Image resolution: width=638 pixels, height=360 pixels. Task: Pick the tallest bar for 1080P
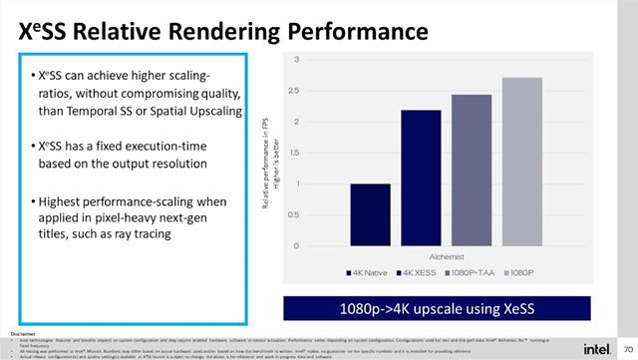click(x=522, y=162)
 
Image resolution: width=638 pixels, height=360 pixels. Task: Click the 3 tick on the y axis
click(x=296, y=61)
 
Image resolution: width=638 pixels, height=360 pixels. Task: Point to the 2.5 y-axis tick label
click(x=293, y=92)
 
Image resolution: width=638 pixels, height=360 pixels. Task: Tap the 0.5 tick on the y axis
click(x=293, y=214)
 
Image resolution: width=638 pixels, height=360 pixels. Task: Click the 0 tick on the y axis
click(x=296, y=245)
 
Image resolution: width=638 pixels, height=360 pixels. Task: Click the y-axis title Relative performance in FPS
click(x=268, y=155)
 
